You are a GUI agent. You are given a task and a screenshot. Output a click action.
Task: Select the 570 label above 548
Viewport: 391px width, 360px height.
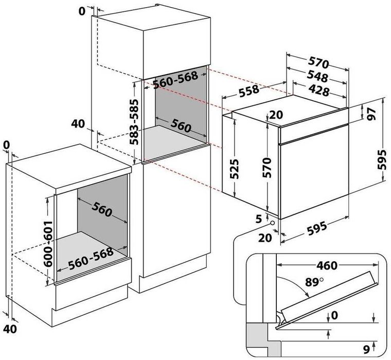[x=319, y=64]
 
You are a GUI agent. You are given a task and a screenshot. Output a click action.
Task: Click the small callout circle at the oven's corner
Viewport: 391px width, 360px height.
[x=271, y=220]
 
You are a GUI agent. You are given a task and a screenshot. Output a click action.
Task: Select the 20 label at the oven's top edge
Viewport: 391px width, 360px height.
[x=276, y=115]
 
